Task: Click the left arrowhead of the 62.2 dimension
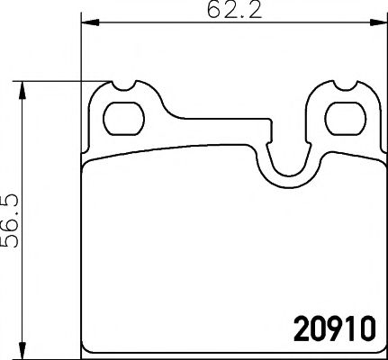coord(86,25)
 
